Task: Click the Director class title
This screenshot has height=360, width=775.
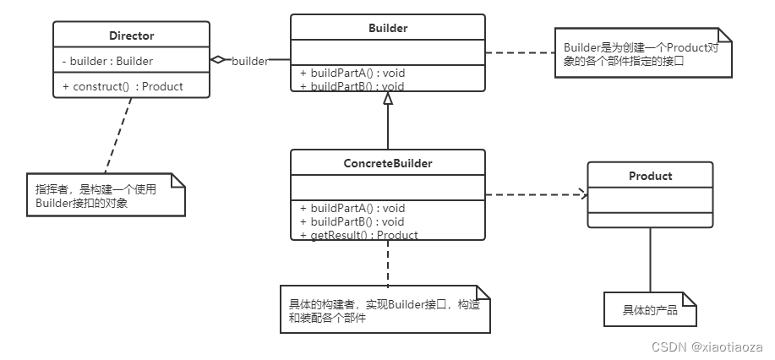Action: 131,35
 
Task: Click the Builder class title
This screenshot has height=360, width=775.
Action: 388,28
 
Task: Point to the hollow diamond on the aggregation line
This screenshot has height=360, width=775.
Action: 218,60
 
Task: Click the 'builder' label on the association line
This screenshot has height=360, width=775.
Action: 249,61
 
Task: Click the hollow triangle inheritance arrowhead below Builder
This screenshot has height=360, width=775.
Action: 388,99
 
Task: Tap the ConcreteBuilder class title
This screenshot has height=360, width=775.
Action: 388,163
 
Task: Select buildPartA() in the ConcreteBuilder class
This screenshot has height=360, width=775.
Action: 352,208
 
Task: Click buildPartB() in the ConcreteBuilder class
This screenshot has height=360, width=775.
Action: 352,221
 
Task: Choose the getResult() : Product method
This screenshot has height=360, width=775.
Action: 358,235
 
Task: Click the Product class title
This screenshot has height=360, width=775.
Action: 650,176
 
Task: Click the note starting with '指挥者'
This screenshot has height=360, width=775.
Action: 104,195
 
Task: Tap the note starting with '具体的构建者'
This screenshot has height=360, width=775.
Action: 385,309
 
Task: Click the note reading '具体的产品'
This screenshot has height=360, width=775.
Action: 650,309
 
